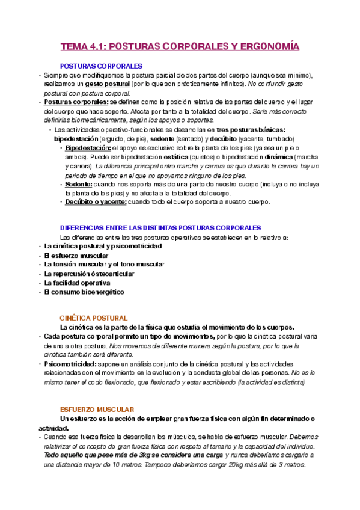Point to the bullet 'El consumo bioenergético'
(x=84, y=292)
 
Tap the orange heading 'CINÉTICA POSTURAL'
(x=93, y=318)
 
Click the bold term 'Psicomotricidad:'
(x=69, y=364)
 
